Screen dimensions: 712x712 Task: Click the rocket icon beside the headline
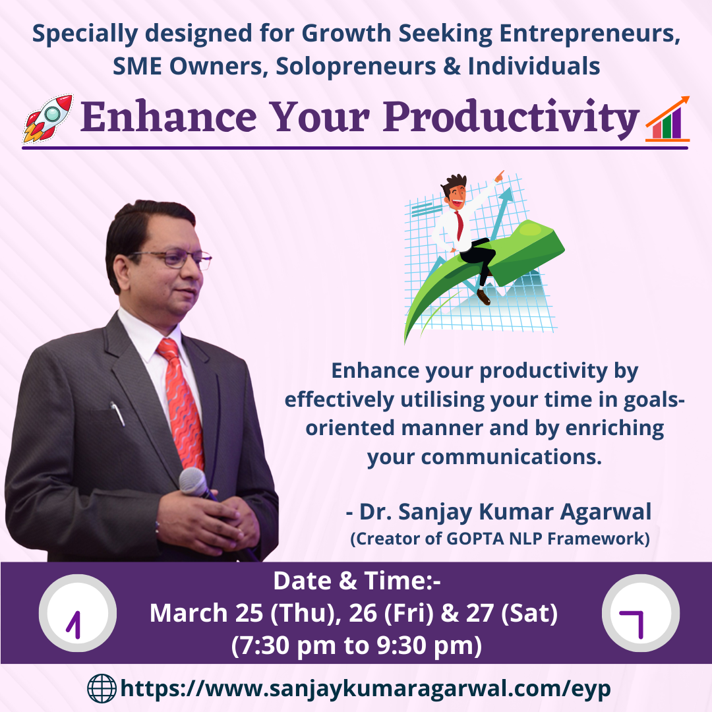[x=47, y=118]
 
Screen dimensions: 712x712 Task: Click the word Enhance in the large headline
[x=169, y=117]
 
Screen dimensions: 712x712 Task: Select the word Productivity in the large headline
[x=512, y=119]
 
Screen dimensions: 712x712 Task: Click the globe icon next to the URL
[x=102, y=688]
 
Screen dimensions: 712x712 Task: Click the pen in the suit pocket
[x=117, y=413]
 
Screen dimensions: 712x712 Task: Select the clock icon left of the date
[x=78, y=613]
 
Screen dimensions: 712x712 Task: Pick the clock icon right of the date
[x=641, y=613]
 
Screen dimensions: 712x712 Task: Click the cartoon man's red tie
[x=460, y=225]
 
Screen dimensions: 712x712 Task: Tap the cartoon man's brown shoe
[x=483, y=297]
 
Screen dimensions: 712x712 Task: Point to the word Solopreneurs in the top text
[x=355, y=67]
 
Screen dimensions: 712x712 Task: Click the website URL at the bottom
[x=365, y=689]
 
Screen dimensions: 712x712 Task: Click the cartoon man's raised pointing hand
[x=500, y=176]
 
